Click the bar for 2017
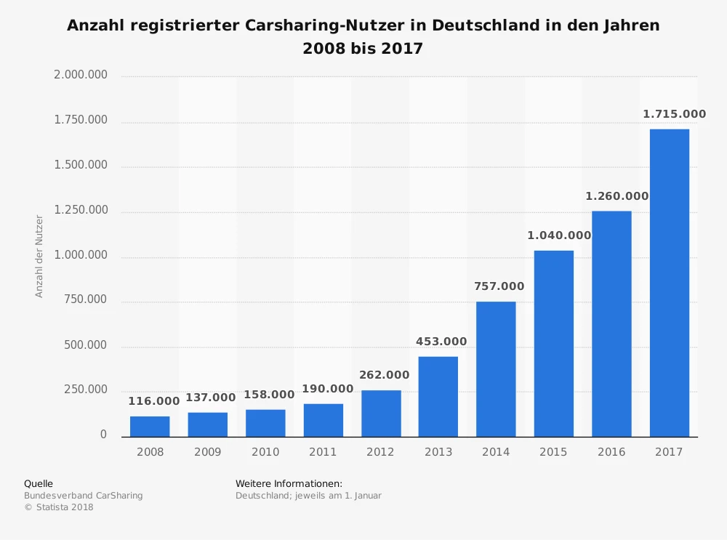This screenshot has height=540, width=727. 669,283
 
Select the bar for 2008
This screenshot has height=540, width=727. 150,427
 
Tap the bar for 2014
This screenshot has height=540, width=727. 496,369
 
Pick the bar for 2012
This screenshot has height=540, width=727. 381,414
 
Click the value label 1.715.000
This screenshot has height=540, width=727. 674,114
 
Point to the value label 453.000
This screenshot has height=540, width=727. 441,342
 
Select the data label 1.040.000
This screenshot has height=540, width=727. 559,235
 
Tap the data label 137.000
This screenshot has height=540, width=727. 211,398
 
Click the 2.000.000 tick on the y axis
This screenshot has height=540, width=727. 81,75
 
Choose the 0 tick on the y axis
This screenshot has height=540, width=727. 103,435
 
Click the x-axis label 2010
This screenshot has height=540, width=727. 265,452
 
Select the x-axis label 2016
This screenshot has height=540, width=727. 611,452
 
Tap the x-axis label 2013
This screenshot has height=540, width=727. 438,452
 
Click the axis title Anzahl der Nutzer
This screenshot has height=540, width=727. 40,256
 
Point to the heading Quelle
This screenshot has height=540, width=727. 39,483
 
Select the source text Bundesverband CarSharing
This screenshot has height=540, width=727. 84,496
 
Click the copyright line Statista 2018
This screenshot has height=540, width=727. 59,507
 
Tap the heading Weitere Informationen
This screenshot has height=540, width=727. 289,483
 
